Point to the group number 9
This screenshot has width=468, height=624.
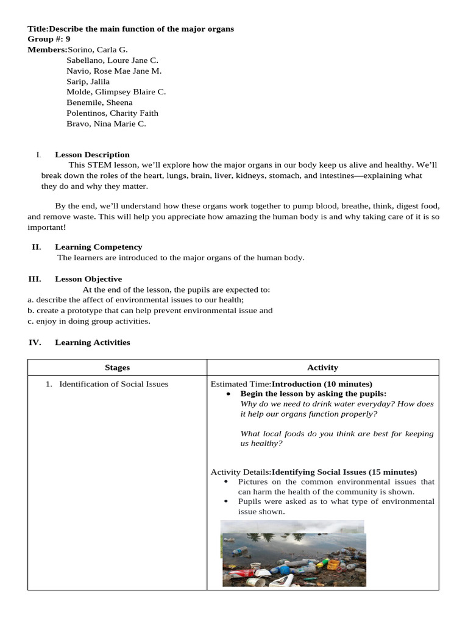pyautogui.click(x=68, y=39)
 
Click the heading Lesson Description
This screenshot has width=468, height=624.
pyautogui.click(x=92, y=155)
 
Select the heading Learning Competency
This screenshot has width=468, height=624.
pyautogui.click(x=98, y=247)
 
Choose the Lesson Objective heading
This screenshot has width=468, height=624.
pyautogui.click(x=88, y=279)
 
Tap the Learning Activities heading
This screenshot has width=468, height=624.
pyautogui.click(x=92, y=342)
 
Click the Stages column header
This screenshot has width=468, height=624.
pyautogui.click(x=117, y=367)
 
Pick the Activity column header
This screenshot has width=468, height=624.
pyautogui.click(x=322, y=367)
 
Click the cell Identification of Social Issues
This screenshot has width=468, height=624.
pyautogui.click(x=113, y=384)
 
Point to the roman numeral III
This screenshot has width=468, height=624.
pyautogui.click(x=34, y=279)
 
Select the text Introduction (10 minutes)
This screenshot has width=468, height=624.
pyautogui.click(x=322, y=384)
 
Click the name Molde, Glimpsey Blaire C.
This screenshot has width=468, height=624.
pyautogui.click(x=116, y=92)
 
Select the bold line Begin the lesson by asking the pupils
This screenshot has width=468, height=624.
pyautogui.click(x=313, y=394)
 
